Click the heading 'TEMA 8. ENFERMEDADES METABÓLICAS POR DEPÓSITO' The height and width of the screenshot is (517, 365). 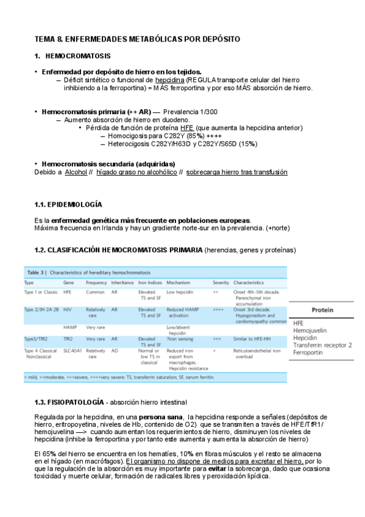click(x=137, y=39)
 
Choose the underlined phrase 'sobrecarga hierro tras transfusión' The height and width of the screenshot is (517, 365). click(x=236, y=173)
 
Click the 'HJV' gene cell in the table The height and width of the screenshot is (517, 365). click(x=67, y=310)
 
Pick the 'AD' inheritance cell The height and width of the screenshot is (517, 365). click(x=115, y=351)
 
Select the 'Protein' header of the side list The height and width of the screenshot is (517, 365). click(x=322, y=310)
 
